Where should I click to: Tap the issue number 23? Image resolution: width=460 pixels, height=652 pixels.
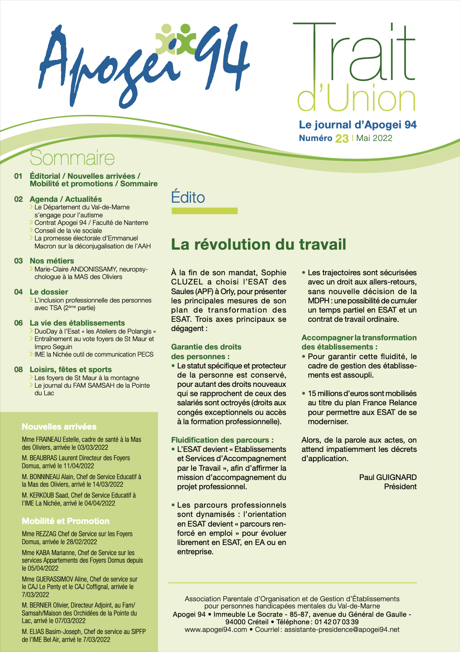(x=342, y=138)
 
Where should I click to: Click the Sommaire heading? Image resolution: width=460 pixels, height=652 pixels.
(x=72, y=158)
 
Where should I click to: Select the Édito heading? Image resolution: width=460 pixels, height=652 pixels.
(x=188, y=197)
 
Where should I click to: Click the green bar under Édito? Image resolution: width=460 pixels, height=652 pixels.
(x=204, y=211)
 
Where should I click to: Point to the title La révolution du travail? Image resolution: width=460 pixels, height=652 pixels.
(x=258, y=244)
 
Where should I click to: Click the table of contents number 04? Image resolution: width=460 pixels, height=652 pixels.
(x=18, y=292)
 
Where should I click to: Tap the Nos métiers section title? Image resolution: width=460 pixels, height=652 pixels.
(x=52, y=261)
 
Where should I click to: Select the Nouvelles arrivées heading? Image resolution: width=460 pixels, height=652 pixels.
(x=59, y=427)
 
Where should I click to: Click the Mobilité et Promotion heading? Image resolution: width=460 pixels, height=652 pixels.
(x=66, y=521)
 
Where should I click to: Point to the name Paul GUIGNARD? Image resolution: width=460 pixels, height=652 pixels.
(x=388, y=477)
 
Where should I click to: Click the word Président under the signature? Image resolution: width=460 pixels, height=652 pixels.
(x=400, y=487)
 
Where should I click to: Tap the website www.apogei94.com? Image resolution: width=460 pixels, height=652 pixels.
(x=216, y=630)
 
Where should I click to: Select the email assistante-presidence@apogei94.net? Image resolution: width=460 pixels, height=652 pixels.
(x=342, y=630)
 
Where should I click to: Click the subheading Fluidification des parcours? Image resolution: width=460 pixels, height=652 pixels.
(x=222, y=440)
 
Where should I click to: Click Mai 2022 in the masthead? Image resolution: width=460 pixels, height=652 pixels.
(x=374, y=138)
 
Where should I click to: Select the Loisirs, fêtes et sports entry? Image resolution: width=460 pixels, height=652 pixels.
(x=71, y=370)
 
